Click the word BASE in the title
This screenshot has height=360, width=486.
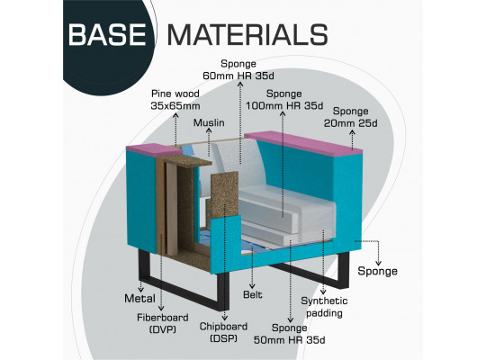(x=107, y=34)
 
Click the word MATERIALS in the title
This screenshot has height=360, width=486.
(x=247, y=34)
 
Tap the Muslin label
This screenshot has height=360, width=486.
(x=209, y=122)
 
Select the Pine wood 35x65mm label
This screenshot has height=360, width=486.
(x=175, y=100)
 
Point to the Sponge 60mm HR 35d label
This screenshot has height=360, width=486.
(x=238, y=70)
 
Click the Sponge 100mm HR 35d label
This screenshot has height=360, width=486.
(x=284, y=100)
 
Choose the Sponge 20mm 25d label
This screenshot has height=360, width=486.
(x=351, y=117)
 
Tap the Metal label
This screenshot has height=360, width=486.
(x=139, y=299)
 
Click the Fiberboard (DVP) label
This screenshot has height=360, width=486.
(x=163, y=323)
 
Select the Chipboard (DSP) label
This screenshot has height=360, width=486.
(x=223, y=332)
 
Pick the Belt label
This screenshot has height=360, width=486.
(x=253, y=294)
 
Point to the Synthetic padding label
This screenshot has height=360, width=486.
(x=324, y=307)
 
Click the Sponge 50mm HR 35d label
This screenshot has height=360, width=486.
(x=290, y=334)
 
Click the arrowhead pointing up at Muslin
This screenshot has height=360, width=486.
(x=209, y=130)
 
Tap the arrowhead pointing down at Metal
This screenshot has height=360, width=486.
(x=141, y=290)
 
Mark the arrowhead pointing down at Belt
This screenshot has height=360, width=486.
(x=252, y=286)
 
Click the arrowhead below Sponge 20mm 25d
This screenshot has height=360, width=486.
(x=352, y=132)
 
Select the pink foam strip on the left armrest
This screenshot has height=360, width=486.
(x=154, y=149)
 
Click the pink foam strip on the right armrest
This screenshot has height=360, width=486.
(x=303, y=143)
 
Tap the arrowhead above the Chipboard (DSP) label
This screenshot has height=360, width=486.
(x=225, y=318)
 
